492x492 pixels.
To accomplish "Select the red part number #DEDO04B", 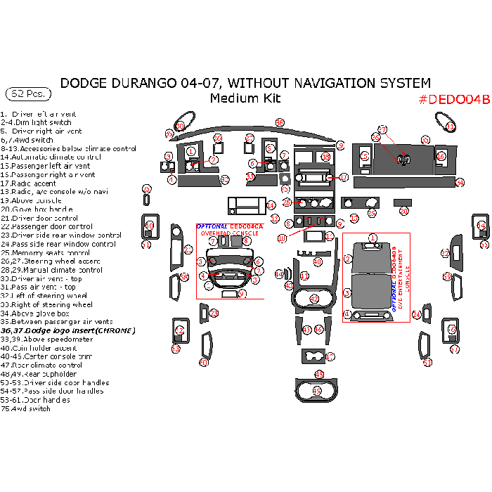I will (453, 99).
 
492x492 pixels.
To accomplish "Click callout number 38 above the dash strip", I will (279, 123).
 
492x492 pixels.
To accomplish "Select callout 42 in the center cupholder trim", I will (315, 299).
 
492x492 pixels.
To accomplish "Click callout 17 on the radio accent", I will (344, 178).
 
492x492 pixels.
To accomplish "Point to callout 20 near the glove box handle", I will (403, 211).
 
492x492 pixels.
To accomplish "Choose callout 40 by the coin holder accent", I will (318, 261).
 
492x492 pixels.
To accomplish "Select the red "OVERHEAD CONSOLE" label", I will (230, 232).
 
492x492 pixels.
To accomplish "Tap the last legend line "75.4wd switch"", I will (25, 408).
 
